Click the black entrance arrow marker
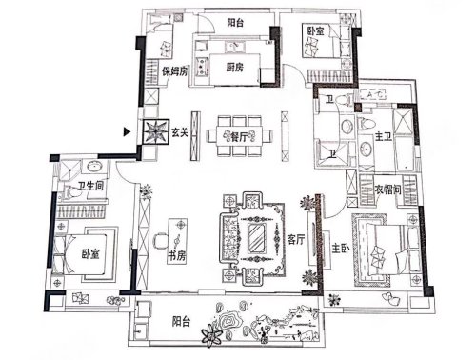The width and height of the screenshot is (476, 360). click(127, 131)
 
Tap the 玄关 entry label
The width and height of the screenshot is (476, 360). click(180, 132)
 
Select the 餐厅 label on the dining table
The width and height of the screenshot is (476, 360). click(239, 137)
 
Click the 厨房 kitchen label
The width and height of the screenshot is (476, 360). click(235, 67)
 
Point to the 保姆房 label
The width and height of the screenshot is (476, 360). click(174, 71)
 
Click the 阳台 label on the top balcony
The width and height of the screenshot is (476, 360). click(235, 23)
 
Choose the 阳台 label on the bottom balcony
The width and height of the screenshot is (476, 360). click(181, 321)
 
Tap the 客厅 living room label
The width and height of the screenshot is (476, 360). click(296, 239)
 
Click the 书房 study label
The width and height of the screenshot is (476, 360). click(176, 255)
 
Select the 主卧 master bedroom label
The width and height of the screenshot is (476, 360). click(341, 248)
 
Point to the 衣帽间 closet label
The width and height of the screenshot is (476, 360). click(387, 190)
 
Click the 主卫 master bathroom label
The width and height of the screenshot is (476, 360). click(384, 137)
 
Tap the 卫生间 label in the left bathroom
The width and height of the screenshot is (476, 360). click(90, 186)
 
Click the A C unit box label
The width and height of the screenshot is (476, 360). click(373, 94)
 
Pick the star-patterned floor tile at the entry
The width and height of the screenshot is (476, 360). click(155, 131)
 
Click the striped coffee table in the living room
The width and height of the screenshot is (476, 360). click(257, 239)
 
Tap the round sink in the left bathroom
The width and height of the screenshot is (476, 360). click(94, 166)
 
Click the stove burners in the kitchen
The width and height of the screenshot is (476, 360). click(202, 66)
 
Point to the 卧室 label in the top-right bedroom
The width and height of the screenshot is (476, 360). click(315, 30)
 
